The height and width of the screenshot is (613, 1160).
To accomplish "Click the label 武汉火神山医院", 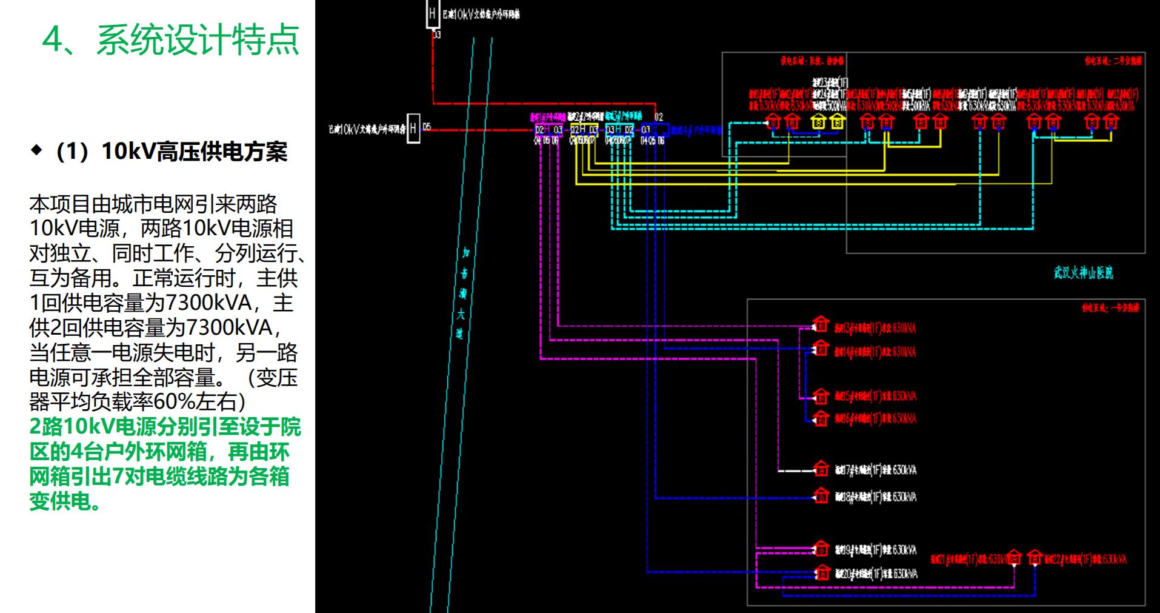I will point(1083,273).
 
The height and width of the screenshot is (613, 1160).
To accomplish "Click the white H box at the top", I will point(432,13).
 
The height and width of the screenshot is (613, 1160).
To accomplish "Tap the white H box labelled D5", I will point(413,128).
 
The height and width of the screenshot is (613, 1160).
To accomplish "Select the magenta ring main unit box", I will point(548,130).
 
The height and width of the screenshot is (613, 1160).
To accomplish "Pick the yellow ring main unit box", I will point(584,129).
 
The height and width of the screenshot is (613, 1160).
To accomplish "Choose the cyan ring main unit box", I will point(619,129).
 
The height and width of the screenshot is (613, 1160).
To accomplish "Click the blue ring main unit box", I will point(655,129).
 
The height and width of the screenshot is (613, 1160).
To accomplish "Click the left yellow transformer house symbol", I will point(819,121).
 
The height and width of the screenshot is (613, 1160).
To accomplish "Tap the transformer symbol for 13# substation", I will point(821,324).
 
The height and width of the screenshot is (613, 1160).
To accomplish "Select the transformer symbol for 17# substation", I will point(821,468).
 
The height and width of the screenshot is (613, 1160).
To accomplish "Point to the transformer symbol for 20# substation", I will point(822,572).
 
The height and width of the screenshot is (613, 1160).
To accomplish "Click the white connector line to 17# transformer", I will point(795,471).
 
